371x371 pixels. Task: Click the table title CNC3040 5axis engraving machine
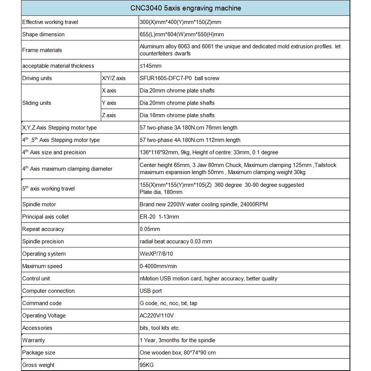pos(185,8)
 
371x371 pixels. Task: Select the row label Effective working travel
pos(50,22)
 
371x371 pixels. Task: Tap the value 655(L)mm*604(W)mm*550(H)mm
pos(182,35)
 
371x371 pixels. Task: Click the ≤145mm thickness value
pos(151,66)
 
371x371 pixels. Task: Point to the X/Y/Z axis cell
pos(113,78)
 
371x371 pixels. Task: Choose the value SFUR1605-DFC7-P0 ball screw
pos(179,78)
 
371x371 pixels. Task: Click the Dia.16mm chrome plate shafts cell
pos(177,115)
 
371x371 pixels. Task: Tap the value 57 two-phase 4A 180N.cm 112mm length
pos(190,140)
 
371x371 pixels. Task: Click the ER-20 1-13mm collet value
pos(159,217)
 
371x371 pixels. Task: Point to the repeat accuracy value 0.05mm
pos(150,229)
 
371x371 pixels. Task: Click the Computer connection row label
pos(48,291)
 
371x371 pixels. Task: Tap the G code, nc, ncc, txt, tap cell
pos(168,303)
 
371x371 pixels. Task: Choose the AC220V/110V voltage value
pos(157,315)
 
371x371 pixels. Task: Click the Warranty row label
pos(33,340)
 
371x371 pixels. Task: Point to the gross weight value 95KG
pos(146,365)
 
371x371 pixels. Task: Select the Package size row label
pos(39,352)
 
